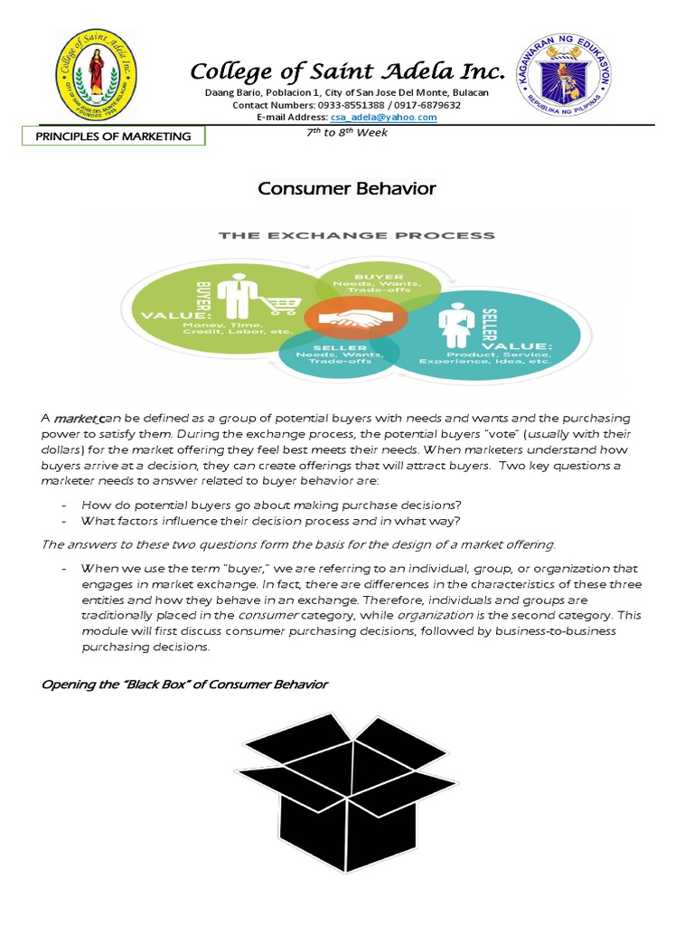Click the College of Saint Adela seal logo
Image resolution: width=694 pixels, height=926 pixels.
point(96,74)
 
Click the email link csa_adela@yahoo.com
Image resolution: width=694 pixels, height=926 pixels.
point(396,118)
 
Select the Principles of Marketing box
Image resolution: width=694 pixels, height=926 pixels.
point(114,137)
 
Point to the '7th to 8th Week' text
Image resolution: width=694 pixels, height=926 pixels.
point(347,133)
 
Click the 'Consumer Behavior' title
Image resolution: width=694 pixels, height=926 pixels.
point(347,189)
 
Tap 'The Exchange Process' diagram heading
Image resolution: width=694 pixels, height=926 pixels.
point(357,236)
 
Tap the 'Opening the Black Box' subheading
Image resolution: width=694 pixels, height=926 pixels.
point(185,684)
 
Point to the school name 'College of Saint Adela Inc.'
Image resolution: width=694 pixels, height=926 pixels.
point(347,72)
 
